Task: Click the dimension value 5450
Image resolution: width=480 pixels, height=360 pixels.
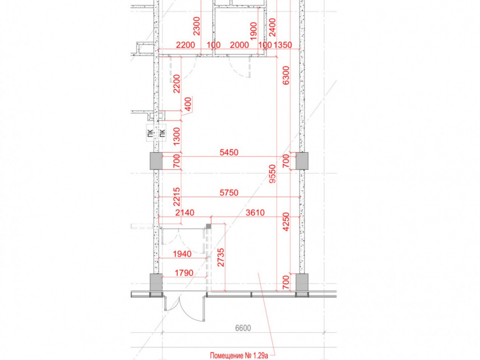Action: (229, 152)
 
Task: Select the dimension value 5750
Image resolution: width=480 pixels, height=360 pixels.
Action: (229, 193)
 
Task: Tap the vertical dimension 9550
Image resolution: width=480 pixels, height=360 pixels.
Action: (273, 174)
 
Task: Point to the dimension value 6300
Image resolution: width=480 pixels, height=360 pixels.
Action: (286, 75)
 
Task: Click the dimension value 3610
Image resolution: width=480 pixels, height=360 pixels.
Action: (255, 213)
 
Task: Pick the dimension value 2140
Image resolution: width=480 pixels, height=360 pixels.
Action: (185, 213)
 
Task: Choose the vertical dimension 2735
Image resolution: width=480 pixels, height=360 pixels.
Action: (221, 257)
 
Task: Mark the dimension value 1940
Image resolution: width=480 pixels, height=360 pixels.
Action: (182, 254)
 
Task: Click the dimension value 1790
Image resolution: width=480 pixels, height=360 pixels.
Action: (184, 273)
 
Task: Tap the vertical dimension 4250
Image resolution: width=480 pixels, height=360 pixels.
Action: (286, 222)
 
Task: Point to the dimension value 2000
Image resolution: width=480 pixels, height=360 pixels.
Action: (239, 45)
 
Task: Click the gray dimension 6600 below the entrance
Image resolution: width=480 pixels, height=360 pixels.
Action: (243, 328)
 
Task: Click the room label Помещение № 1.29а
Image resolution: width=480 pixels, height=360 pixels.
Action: (239, 355)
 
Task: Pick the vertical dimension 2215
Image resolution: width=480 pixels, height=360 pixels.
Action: (177, 197)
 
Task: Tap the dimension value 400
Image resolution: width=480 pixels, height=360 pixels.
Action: (188, 104)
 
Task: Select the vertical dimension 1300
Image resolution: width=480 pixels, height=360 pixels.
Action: (177, 136)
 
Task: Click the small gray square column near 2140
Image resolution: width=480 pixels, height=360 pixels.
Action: (208, 226)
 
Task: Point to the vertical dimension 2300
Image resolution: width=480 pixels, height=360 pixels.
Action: (196, 26)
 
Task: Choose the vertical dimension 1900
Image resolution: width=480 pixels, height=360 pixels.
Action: (253, 31)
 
